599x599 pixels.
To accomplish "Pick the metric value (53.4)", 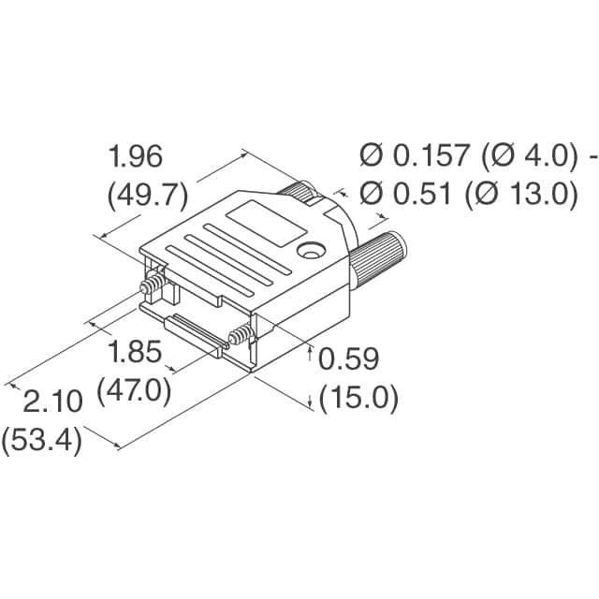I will (42, 439).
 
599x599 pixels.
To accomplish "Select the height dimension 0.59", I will (348, 359).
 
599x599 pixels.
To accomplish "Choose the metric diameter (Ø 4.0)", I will (525, 156).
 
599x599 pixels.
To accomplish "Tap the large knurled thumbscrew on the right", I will (379, 256).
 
